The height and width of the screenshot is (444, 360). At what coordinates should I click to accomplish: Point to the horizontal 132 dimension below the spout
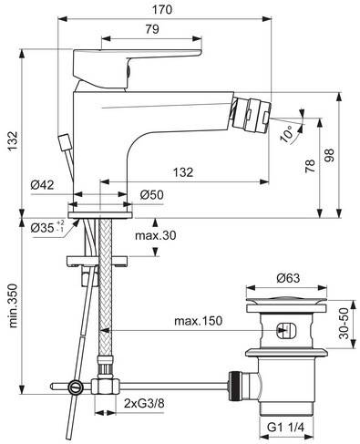tap(183, 172)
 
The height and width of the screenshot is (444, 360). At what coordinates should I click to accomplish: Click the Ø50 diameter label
tap(151, 194)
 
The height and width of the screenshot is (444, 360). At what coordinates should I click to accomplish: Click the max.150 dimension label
tap(197, 321)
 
